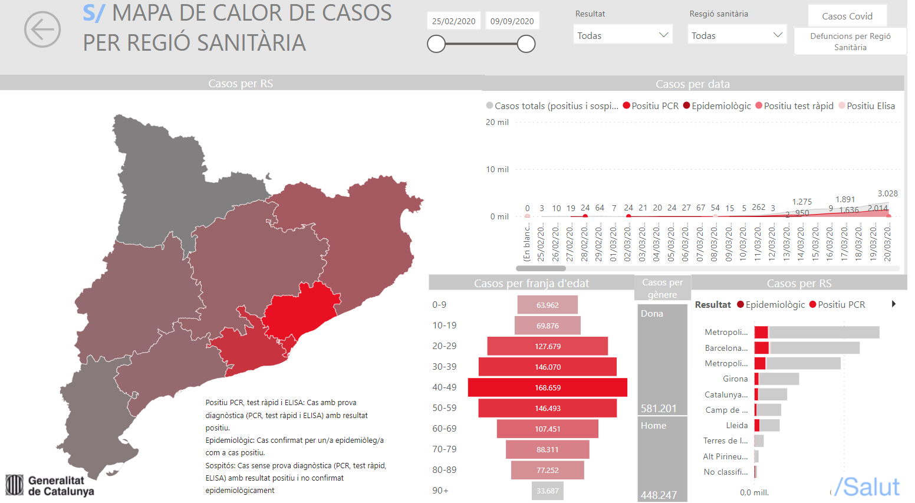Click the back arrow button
[x=42, y=29]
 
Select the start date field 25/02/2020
[x=453, y=21]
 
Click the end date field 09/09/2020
[x=512, y=21]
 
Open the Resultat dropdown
[x=623, y=35]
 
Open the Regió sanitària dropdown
[x=737, y=35]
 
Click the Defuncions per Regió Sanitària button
[x=850, y=41]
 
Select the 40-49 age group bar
[x=547, y=387]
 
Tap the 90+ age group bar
[x=547, y=491]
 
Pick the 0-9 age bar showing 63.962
[x=547, y=305]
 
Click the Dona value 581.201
[x=659, y=408]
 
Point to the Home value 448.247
[x=659, y=495]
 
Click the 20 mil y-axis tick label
[x=497, y=122]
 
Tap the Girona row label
[x=735, y=379]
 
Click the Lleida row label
[x=736, y=425]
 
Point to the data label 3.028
[x=887, y=193]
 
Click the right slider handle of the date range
[x=526, y=44]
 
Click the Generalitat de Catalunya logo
[x=50, y=485]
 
